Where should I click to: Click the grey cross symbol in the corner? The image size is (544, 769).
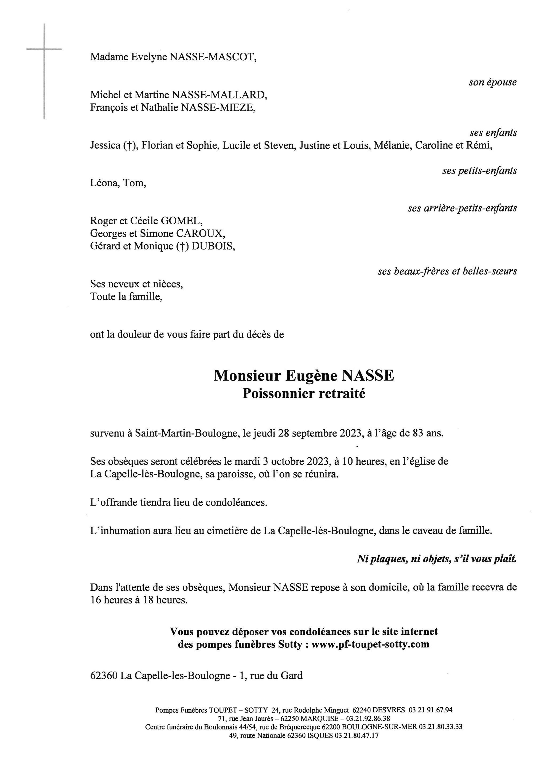click(x=44, y=50)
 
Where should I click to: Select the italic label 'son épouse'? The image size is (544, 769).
click(x=492, y=83)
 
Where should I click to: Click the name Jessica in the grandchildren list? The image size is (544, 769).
click(x=105, y=145)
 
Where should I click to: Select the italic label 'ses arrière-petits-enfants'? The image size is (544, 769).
click(x=462, y=208)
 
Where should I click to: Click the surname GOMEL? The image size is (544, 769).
click(x=182, y=221)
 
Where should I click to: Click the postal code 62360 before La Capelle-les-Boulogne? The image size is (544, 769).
click(x=104, y=676)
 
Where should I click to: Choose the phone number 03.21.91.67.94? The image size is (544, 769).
click(x=430, y=710)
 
